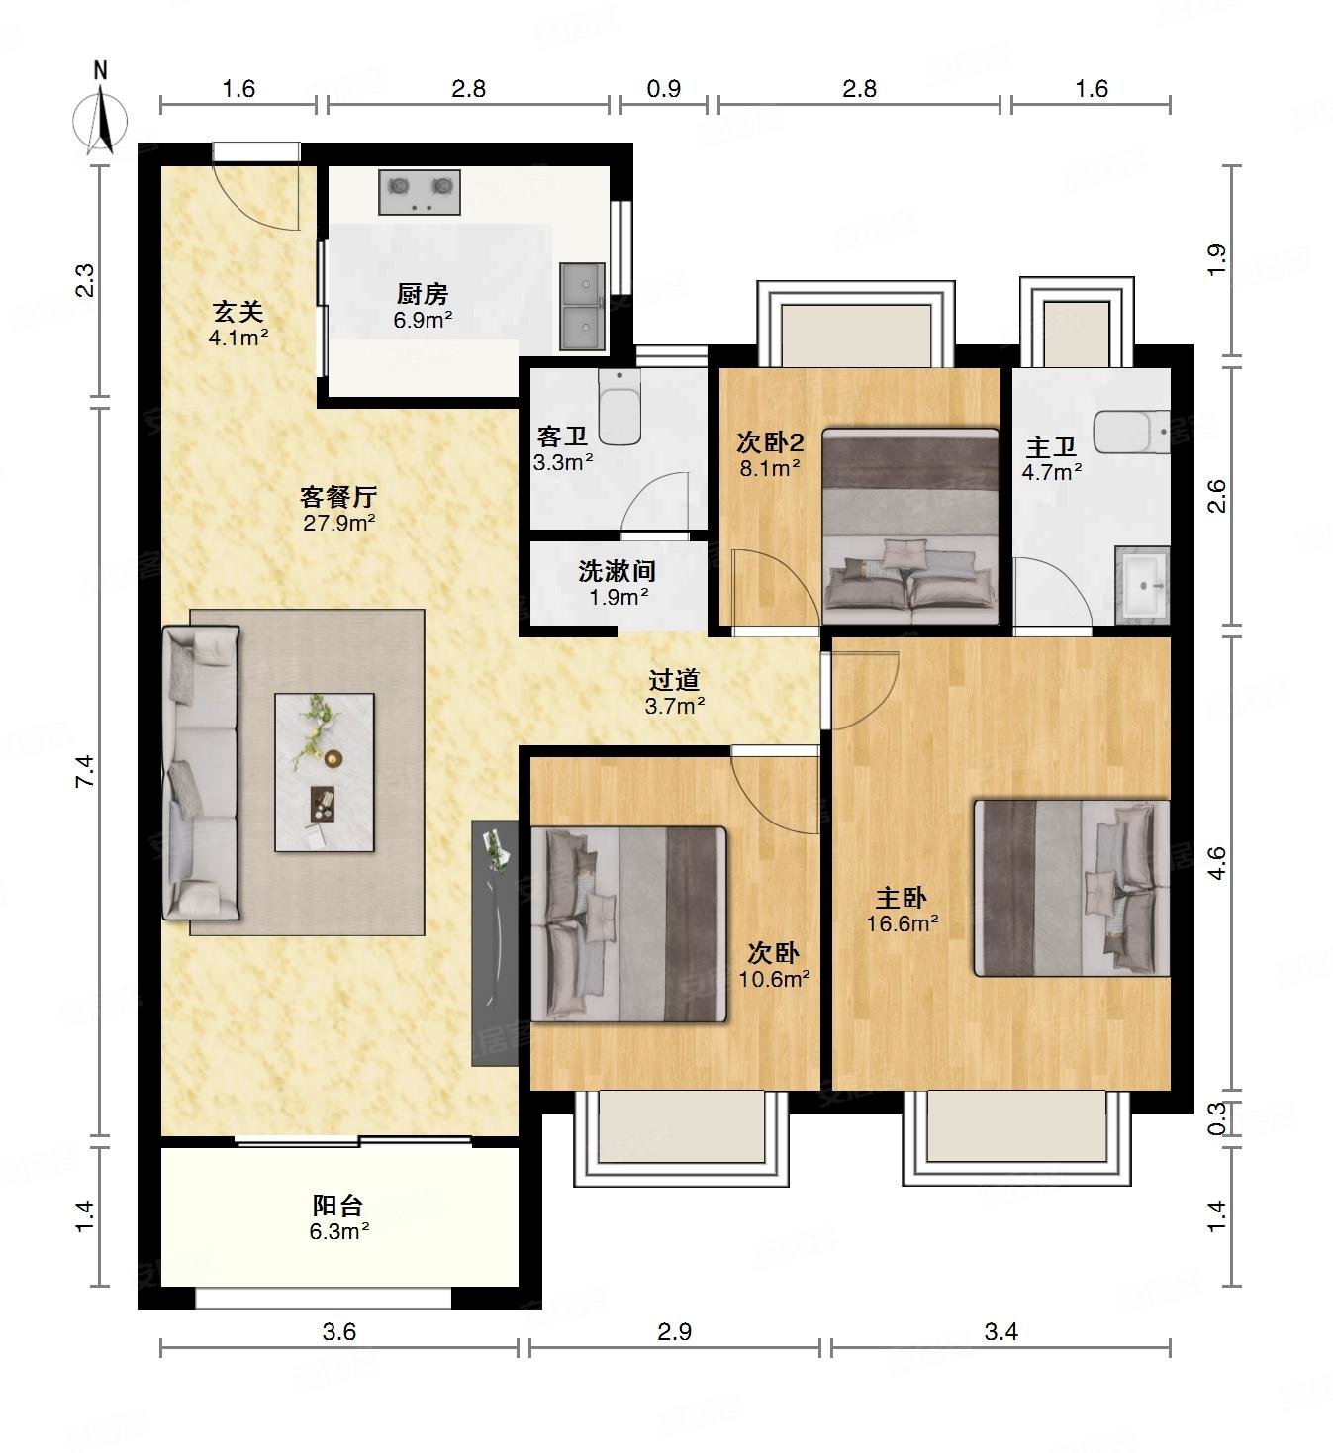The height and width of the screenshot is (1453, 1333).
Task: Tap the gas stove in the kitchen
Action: pyautogui.click(x=420, y=192)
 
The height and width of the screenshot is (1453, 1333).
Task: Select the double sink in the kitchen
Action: pyautogui.click(x=583, y=307)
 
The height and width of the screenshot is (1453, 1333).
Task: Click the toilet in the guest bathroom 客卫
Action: pyautogui.click(x=619, y=407)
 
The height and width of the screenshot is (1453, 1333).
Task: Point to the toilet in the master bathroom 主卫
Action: pyautogui.click(x=1131, y=432)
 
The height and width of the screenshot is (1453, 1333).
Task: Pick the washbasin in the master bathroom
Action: pyautogui.click(x=1142, y=585)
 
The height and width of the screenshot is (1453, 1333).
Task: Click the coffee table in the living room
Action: pyautogui.click(x=325, y=772)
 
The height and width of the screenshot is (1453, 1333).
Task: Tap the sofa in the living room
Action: pyautogui.click(x=201, y=773)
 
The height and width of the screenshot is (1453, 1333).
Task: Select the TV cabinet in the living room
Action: pyautogui.click(x=495, y=942)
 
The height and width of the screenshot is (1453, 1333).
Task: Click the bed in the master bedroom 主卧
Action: pyautogui.click(x=1072, y=888)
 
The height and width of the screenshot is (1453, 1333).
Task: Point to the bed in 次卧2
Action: pyautogui.click(x=910, y=527)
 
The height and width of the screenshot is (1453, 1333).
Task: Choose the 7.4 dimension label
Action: pyautogui.click(x=85, y=771)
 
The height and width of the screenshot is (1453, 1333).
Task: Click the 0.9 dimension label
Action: pyautogui.click(x=664, y=88)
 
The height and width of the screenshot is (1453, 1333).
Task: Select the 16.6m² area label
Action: pyautogui.click(x=903, y=923)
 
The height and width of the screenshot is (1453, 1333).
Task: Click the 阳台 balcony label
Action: pyautogui.click(x=337, y=1206)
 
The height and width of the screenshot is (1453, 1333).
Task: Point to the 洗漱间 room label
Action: pyautogui.click(x=618, y=571)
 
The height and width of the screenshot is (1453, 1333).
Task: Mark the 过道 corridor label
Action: pyautogui.click(x=675, y=679)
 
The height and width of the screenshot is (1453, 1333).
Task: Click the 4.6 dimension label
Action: pyautogui.click(x=1217, y=863)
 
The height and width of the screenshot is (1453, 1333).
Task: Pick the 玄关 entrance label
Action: pyautogui.click(x=238, y=312)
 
